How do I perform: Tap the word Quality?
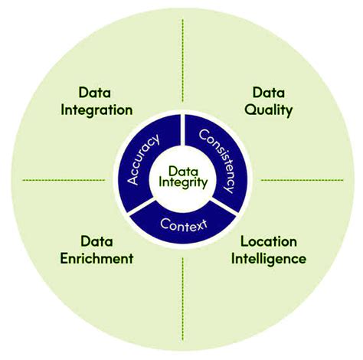[269, 110]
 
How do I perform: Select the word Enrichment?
[96, 258]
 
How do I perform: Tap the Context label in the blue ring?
[182, 224]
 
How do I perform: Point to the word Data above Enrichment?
[96, 241]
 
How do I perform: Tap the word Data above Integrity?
[182, 170]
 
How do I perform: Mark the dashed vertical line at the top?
[182, 69]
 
